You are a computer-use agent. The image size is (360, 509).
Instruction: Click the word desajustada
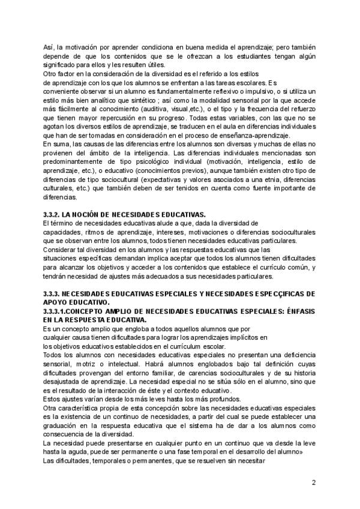coord(65,382)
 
